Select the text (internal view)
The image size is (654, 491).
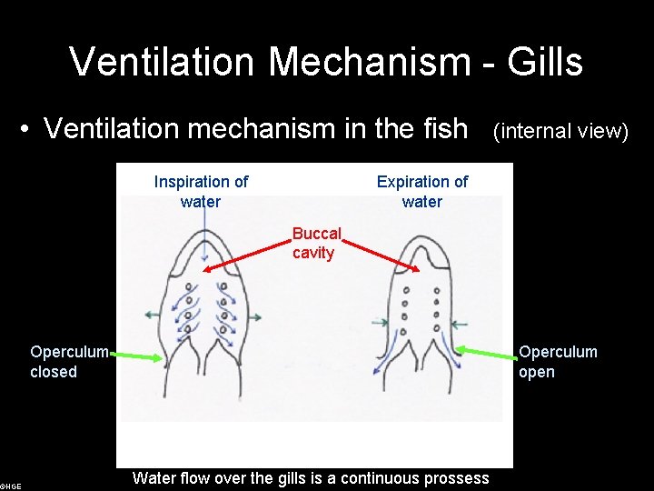click(x=560, y=132)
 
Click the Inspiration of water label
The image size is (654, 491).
click(x=201, y=191)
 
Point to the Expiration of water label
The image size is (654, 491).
click(x=422, y=191)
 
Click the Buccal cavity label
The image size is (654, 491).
click(x=315, y=243)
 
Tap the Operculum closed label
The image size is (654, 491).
click(x=69, y=361)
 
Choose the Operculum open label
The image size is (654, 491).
click(x=558, y=361)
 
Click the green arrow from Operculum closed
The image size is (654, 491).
click(x=136, y=357)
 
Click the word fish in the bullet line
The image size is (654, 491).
click(x=445, y=129)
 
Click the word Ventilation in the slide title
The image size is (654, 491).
click(x=161, y=62)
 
